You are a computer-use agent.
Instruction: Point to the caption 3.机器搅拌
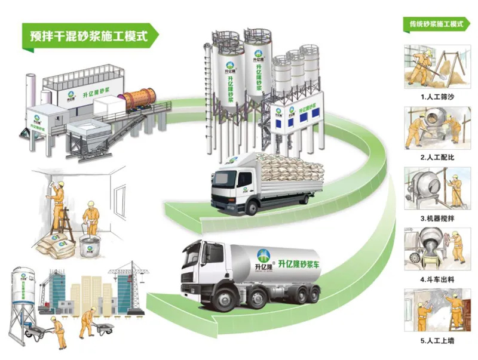click(437, 219)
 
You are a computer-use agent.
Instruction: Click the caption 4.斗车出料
click(437, 279)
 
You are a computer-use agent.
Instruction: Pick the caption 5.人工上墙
click(437, 341)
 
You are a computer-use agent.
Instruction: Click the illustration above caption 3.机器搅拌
click(436, 187)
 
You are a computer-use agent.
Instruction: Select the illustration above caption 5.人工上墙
click(436, 310)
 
